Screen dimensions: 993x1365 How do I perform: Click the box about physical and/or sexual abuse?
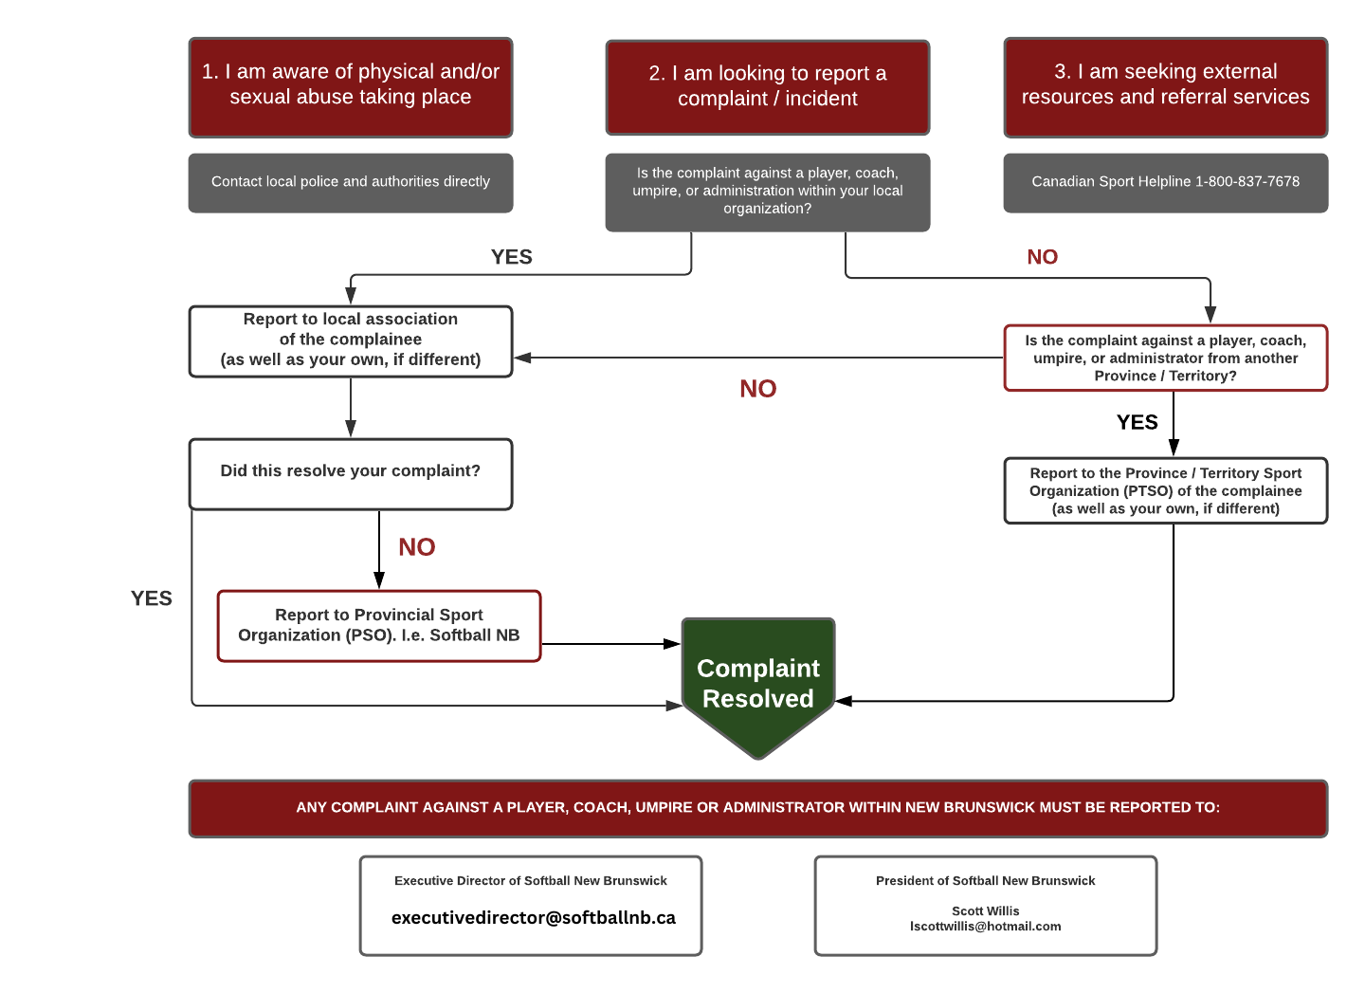(351, 86)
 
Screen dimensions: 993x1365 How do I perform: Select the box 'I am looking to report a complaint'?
(768, 87)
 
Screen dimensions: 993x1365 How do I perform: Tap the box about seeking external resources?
(1165, 86)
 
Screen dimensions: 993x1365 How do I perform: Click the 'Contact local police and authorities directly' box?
(351, 182)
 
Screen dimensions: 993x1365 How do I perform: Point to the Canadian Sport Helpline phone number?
(1247, 182)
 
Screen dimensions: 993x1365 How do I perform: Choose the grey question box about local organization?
(768, 192)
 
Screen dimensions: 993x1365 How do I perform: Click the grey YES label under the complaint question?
(512, 257)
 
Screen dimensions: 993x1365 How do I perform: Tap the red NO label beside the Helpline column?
(1042, 257)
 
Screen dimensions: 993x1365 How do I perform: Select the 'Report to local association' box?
(351, 340)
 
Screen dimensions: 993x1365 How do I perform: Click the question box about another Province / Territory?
(1165, 359)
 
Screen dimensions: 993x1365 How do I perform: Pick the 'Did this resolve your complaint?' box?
(351, 472)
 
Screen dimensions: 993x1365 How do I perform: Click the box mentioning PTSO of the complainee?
(1165, 491)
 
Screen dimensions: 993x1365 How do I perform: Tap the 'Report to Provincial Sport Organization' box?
(379, 626)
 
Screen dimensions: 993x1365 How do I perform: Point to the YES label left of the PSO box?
(152, 598)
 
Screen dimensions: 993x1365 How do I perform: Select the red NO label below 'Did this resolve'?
(417, 547)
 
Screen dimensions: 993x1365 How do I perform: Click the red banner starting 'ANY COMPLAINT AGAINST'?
(758, 808)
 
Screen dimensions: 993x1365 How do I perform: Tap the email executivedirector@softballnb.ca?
(534, 918)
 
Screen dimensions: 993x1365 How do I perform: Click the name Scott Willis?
(985, 910)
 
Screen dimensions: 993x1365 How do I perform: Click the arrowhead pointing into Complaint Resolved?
(674, 706)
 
